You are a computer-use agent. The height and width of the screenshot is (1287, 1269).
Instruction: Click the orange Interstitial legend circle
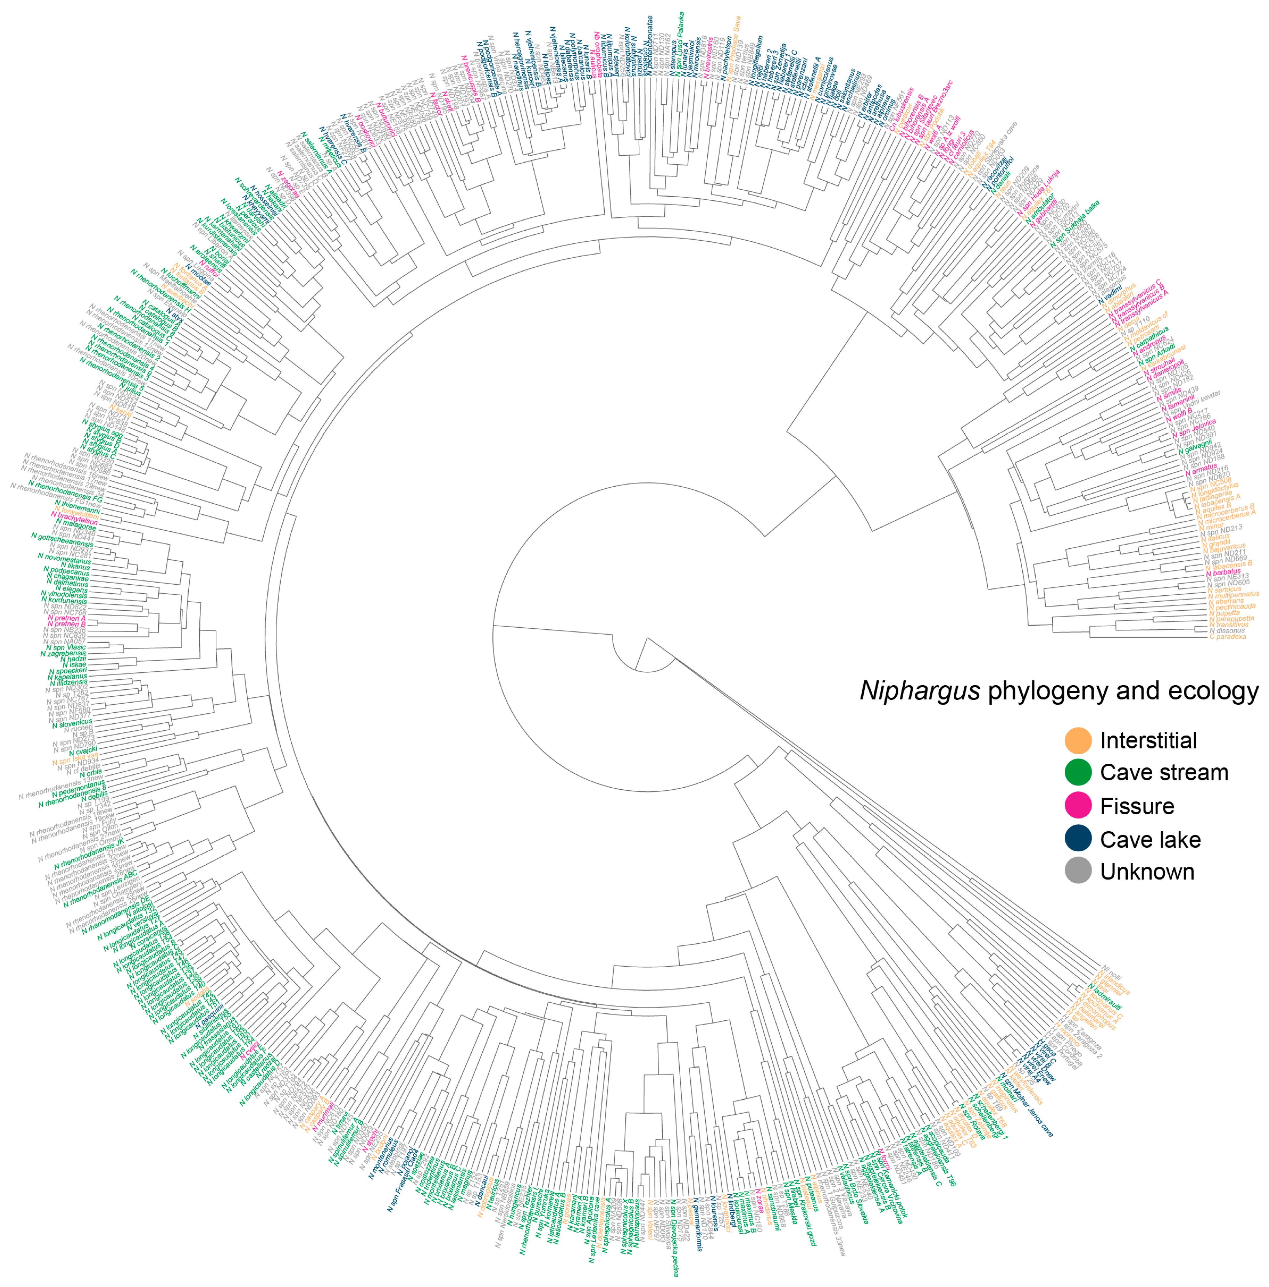pyautogui.click(x=1078, y=740)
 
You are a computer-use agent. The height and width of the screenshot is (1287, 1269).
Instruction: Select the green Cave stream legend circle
pyautogui.click(x=1078, y=773)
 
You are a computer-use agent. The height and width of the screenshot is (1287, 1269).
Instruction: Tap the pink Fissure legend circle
pyautogui.click(x=1078, y=806)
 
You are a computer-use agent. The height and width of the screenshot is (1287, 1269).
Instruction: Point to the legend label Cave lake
pyautogui.click(x=1150, y=839)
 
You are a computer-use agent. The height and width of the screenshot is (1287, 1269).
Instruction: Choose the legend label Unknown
pyautogui.click(x=1147, y=872)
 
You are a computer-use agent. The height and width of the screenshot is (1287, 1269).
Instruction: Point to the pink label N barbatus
pyautogui.click(x=1223, y=571)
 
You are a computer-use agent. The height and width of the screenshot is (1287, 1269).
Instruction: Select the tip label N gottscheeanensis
pyautogui.click(x=61, y=540)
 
